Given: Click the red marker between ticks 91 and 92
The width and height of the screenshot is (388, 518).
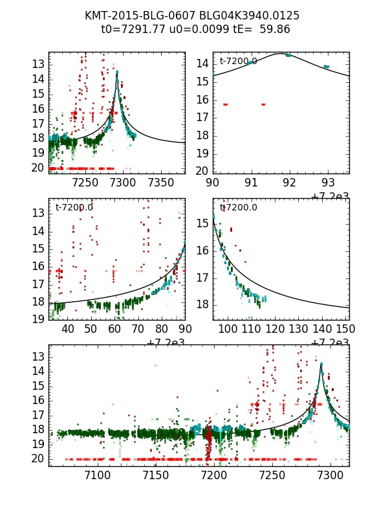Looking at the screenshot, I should pos(263,104).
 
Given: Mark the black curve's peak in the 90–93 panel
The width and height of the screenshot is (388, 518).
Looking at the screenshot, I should pos(280,54).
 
